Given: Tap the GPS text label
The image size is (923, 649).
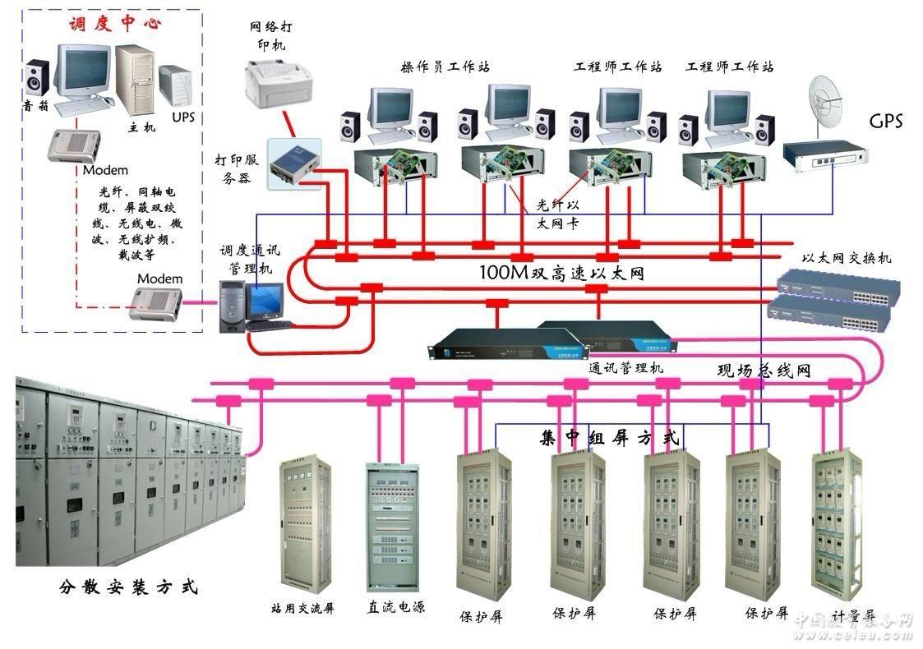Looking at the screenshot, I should [885, 122].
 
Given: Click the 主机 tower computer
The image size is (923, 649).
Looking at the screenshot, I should [135, 78].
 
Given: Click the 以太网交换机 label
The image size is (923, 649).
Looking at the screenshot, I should [847, 258].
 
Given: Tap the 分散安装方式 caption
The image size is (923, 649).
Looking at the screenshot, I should [128, 588].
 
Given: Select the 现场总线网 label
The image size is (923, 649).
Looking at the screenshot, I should [764, 371].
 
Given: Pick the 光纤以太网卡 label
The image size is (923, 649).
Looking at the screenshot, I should [558, 212].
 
